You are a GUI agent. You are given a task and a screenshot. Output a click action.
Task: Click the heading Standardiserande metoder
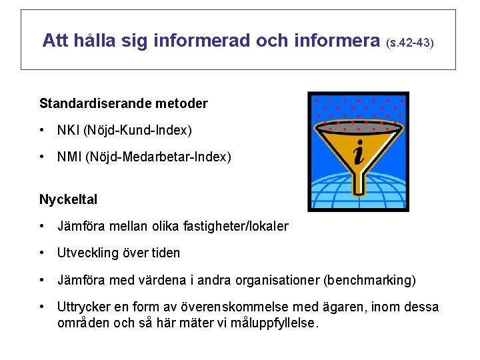click(123, 103)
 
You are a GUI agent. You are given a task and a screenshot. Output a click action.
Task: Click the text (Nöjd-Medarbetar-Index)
click(158, 157)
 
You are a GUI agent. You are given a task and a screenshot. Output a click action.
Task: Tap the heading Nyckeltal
click(68, 199)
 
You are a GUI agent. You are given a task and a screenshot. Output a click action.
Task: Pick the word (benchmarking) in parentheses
click(369, 280)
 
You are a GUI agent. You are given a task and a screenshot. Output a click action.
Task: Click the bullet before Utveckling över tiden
click(42, 253)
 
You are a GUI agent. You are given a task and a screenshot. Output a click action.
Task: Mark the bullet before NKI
click(42, 130)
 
